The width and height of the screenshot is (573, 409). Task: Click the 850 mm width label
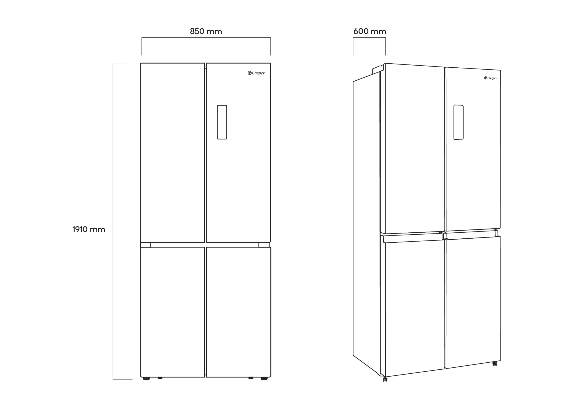[206, 32]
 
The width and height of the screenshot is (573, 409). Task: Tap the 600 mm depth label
[370, 32]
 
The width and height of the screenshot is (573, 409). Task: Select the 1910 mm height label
[89, 229]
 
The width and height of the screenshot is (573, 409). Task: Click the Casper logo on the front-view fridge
[256, 73]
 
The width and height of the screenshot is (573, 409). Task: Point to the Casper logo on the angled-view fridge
[490, 78]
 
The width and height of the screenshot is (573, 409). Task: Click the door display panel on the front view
[222, 122]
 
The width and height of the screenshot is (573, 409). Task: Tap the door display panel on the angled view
[458, 122]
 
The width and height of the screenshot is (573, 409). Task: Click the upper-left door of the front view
[172, 153]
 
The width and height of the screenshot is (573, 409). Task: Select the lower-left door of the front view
[172, 312]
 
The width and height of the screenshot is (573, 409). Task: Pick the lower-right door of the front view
[239, 312]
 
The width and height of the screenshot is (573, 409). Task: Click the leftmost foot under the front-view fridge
[146, 379]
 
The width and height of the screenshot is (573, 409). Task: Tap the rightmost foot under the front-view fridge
[264, 379]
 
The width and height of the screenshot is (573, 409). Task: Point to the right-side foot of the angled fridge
[494, 364]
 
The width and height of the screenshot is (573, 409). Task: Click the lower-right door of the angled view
[473, 302]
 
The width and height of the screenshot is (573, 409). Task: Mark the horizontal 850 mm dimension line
[206, 38]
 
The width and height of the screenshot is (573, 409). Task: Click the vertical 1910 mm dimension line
[113, 221]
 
